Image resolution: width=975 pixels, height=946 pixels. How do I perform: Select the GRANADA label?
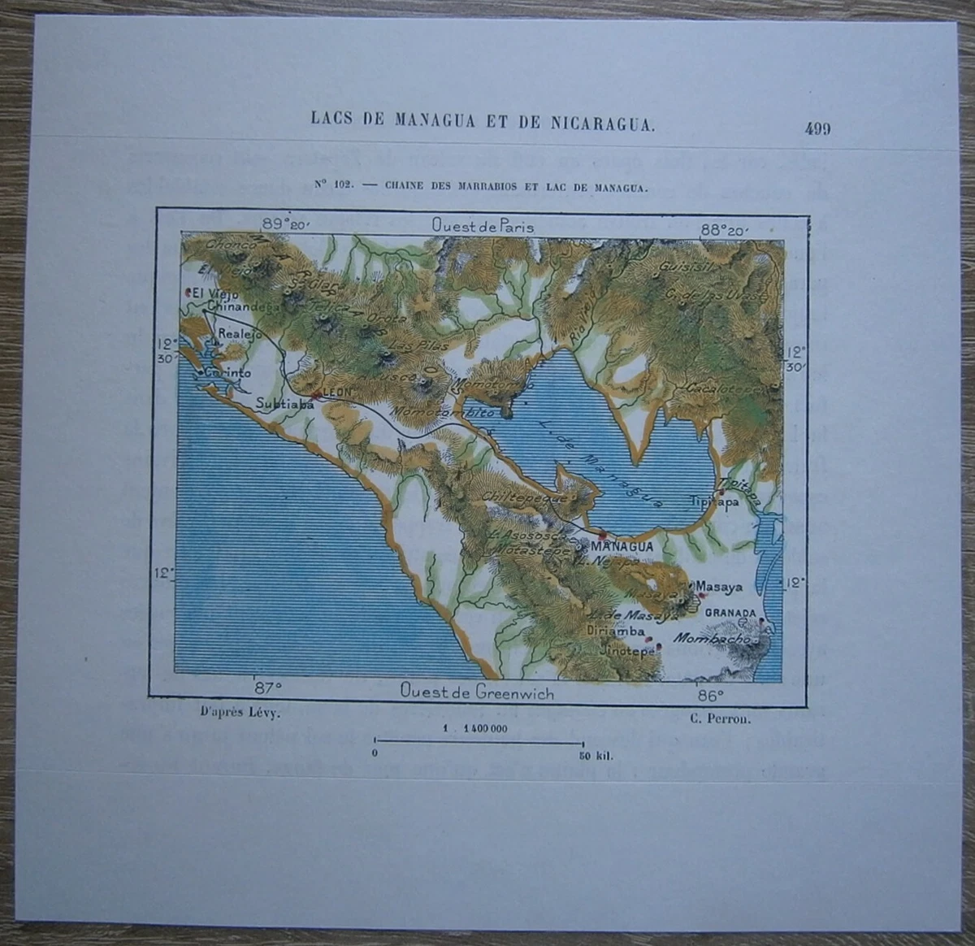[731, 613]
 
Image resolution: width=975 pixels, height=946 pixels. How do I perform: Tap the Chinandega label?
[244, 307]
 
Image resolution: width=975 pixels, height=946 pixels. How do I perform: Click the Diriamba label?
[618, 631]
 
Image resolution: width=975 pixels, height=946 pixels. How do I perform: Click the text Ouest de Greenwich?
[476, 692]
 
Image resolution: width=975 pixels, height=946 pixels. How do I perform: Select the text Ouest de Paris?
[483, 226]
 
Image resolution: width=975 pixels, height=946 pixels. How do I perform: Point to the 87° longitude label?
[268, 687]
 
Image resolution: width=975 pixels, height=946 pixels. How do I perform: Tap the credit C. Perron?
[710, 717]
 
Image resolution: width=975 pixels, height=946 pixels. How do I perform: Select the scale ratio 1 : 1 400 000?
[476, 728]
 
